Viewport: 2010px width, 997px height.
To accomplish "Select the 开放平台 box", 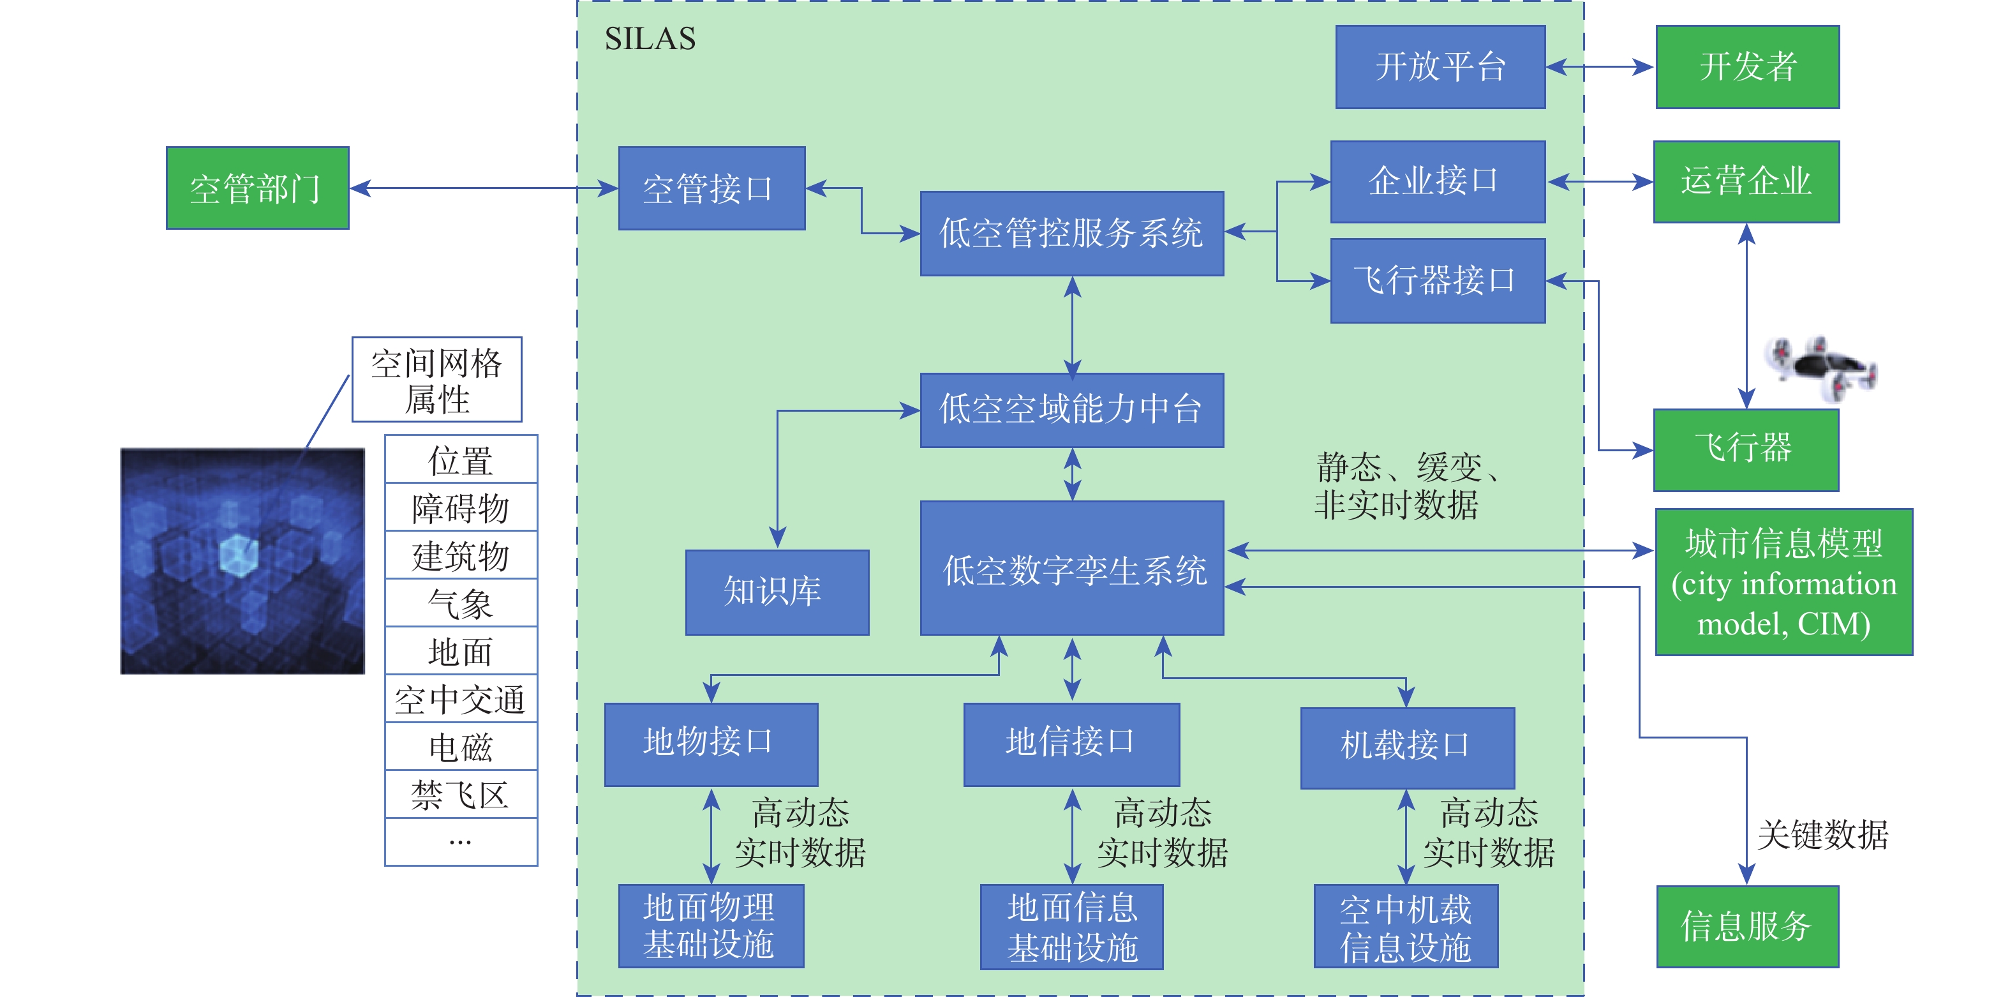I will tap(1440, 67).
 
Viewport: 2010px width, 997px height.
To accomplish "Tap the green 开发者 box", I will tap(1747, 67).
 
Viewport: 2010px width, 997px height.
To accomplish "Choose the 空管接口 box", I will tap(711, 188).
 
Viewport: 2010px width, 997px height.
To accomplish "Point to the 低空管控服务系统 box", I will tap(1071, 234).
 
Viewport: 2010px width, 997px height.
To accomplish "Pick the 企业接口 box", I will tap(1437, 182).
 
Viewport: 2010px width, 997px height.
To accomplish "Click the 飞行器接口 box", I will tap(1437, 280).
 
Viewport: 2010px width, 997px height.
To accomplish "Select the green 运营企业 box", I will tap(1746, 182).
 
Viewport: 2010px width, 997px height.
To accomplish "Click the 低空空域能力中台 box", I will tap(1071, 410).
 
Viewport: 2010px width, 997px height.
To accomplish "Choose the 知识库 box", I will tap(777, 592).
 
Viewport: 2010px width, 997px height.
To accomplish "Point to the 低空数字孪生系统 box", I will tap(1071, 568).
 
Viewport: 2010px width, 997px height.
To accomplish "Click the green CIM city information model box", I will tap(1783, 582).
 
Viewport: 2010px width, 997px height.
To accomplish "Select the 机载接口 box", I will tap(1407, 747).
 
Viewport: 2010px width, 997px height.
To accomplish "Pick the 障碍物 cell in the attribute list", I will tap(460, 508).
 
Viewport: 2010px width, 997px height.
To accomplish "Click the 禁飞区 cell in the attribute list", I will tap(460, 795).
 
